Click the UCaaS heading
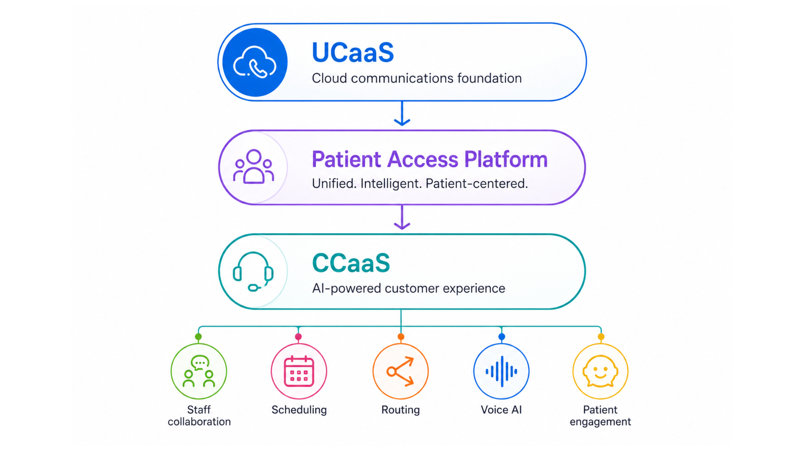(x=353, y=52)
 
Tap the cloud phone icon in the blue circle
(x=255, y=62)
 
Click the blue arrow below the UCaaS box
(x=402, y=113)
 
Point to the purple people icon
(x=254, y=167)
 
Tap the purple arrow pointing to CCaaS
(x=402, y=217)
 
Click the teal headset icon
(x=253, y=272)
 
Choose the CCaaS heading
(x=351, y=263)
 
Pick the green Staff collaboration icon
(x=199, y=371)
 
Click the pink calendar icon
(x=299, y=371)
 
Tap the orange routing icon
(x=401, y=371)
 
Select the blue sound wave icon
(x=501, y=371)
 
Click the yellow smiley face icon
(x=600, y=371)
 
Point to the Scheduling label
(x=299, y=410)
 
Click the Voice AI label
(x=501, y=410)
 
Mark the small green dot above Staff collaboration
(x=198, y=336)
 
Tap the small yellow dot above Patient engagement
(x=601, y=336)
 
